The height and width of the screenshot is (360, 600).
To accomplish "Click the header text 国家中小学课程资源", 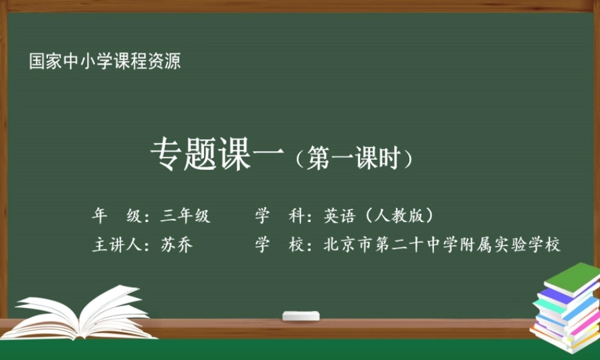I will coord(105,61).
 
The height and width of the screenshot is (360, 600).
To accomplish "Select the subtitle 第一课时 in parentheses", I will coord(353,159).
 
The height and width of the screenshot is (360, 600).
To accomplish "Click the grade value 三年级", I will coord(185,216).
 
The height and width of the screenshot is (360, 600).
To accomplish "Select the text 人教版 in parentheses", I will coord(400,216).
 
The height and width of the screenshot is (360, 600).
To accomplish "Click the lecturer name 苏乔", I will coord(176,245).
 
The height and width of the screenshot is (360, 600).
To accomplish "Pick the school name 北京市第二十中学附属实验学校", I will coord(442,245).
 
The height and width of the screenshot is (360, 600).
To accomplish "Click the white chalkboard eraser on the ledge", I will coord(301,316).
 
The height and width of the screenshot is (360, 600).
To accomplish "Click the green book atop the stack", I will coord(572,277).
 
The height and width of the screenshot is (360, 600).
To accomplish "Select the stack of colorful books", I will coord(565,309).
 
